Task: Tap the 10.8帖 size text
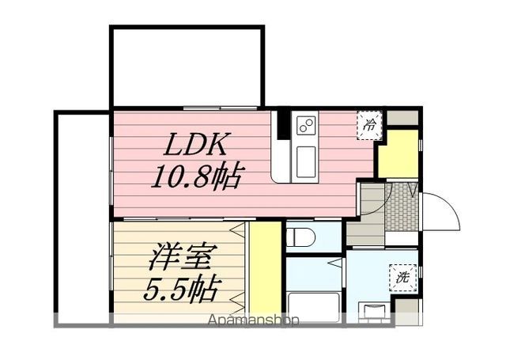pyautogui.click(x=196, y=174)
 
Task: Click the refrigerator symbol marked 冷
pyautogui.click(x=369, y=124)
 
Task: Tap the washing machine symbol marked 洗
pyautogui.click(x=402, y=278)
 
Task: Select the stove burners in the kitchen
pyautogui.click(x=305, y=124)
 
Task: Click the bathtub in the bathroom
pyautogui.click(x=313, y=305)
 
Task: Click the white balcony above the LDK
pyautogui.click(x=187, y=67)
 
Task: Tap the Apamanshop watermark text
pyautogui.click(x=254, y=321)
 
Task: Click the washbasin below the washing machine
pyautogui.click(x=374, y=310)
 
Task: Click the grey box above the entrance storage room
pyautogui.click(x=402, y=118)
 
